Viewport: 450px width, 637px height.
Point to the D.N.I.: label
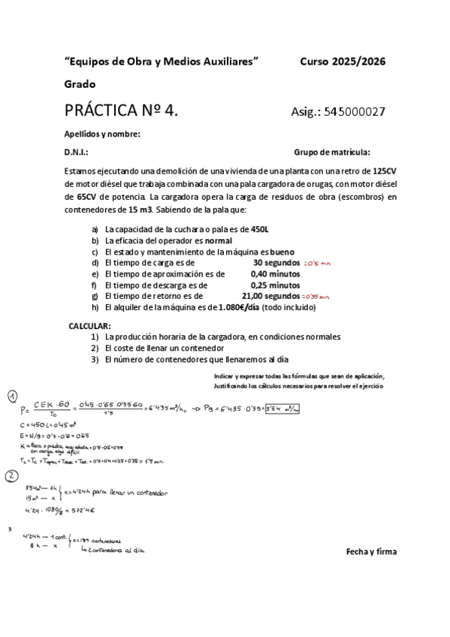pos(77,151)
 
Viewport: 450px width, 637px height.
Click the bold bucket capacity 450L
pos(260,229)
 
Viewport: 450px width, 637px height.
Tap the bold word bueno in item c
pos(282,252)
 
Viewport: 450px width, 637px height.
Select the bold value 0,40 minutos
pos(275,274)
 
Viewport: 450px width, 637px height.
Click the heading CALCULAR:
pos(90,326)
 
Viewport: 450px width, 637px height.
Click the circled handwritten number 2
pos(12,475)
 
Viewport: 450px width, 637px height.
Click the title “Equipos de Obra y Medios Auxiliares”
pos(163,61)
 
